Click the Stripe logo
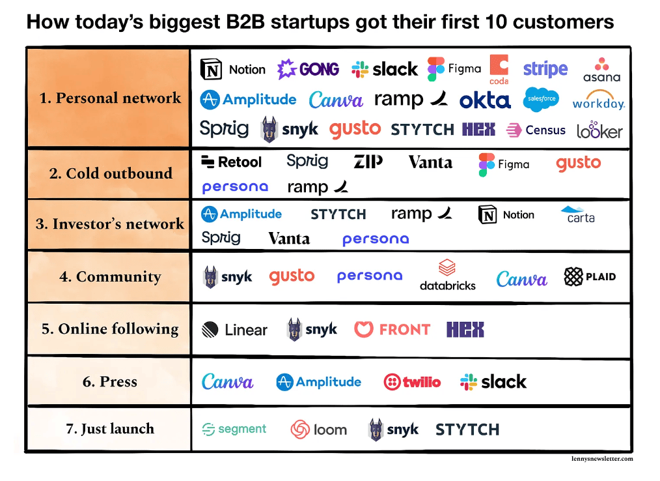click(x=545, y=69)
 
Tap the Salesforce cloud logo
click(x=542, y=100)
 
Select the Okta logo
click(x=485, y=100)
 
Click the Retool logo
click(x=231, y=162)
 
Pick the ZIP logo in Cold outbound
click(x=368, y=162)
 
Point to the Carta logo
click(x=578, y=214)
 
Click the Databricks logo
click(x=447, y=275)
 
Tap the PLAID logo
click(x=590, y=276)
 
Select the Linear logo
click(x=234, y=330)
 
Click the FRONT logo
click(x=392, y=329)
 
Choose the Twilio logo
click(x=412, y=382)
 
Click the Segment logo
click(x=234, y=429)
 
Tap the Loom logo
click(x=319, y=430)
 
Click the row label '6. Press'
click(x=110, y=381)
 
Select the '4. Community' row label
click(x=110, y=276)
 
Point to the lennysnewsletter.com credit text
click(x=602, y=459)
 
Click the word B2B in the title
click(x=245, y=22)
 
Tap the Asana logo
click(x=601, y=70)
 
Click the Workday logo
click(x=599, y=100)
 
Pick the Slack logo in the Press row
click(x=493, y=382)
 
